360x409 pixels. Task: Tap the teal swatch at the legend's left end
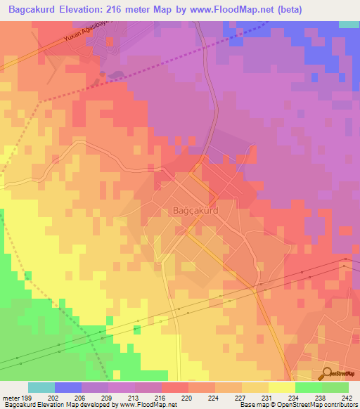click(41, 387)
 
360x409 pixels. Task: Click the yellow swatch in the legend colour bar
click(282, 387)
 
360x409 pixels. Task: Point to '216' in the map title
click(131, 10)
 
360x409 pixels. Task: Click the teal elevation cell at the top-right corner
click(349, 24)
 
